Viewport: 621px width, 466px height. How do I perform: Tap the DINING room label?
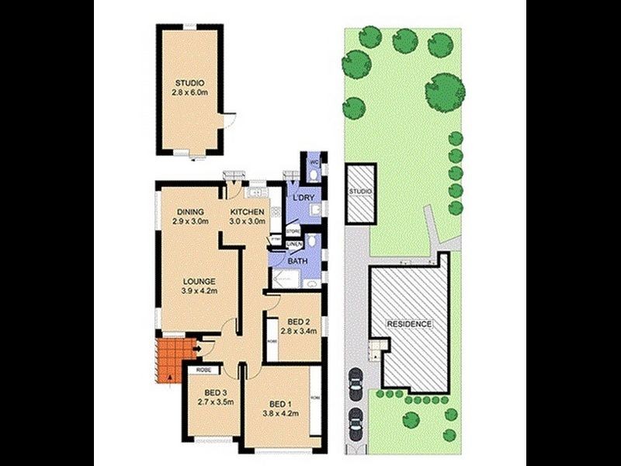point(189,211)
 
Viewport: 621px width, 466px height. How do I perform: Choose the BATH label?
point(297,262)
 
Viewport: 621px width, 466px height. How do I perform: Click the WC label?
point(314,162)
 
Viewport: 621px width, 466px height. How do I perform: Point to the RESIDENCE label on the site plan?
point(410,324)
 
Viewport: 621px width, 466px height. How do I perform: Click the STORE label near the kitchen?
point(293,231)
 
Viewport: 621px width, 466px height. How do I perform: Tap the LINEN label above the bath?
point(294,245)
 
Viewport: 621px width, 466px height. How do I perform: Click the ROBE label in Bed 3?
point(204,370)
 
